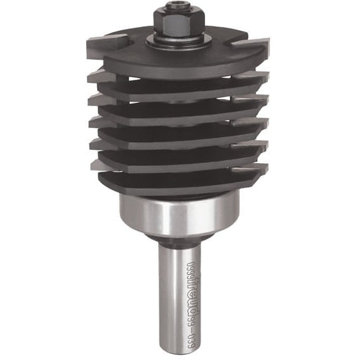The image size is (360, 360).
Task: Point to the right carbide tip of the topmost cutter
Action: (256, 45)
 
